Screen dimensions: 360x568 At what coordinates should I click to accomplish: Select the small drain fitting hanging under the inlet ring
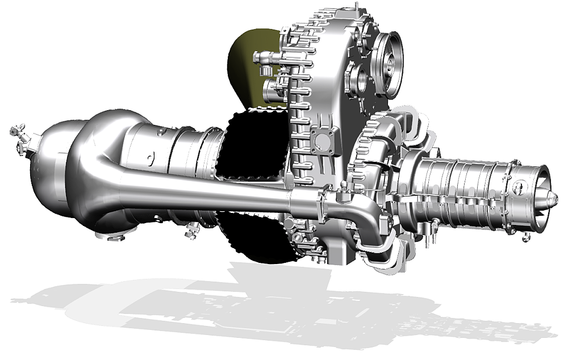[526, 236]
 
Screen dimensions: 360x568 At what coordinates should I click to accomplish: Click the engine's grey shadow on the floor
[284, 307]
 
